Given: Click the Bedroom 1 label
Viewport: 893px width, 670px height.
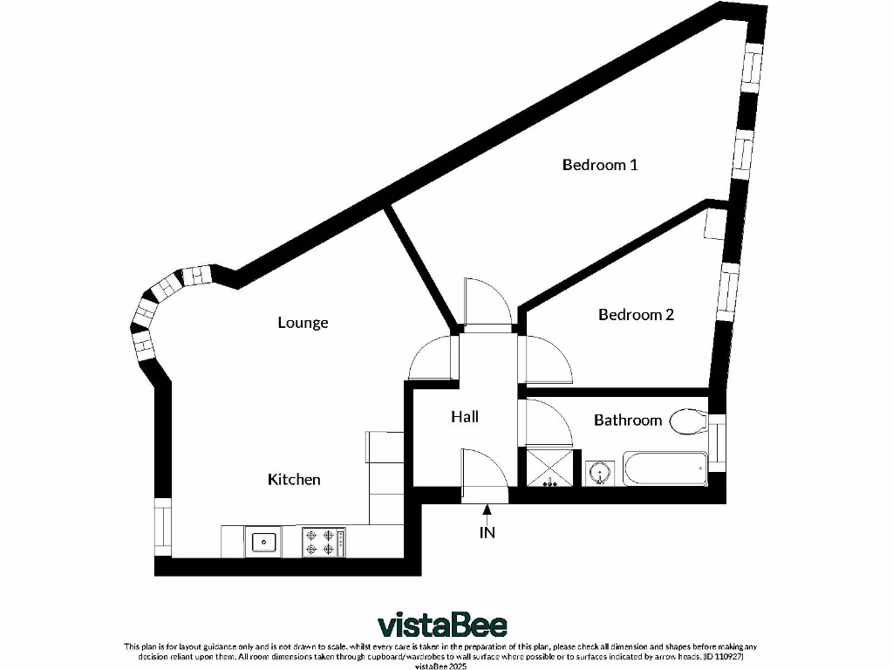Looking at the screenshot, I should (x=600, y=164).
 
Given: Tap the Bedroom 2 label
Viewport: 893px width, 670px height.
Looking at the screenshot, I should (x=636, y=315).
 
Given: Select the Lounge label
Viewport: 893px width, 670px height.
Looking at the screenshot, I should (x=303, y=323).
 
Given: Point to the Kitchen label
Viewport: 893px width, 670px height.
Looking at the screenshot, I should (x=294, y=479).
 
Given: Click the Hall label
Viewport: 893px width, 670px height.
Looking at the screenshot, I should (x=465, y=417).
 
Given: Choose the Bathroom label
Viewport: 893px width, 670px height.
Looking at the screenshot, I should (x=628, y=420).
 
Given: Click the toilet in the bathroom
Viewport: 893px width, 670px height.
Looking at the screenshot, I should (x=691, y=422).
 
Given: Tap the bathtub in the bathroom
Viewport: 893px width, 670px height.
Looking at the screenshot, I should (x=665, y=470).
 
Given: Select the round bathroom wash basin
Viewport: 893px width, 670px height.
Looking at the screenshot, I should (x=599, y=472).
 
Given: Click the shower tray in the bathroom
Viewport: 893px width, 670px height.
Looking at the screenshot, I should (x=549, y=468).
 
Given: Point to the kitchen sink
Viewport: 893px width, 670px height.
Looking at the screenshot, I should (x=263, y=543).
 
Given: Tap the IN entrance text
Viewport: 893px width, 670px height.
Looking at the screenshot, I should (x=487, y=532).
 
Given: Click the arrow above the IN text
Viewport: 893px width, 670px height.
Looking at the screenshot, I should (x=487, y=512).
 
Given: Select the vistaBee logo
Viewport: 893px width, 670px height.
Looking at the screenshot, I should (x=442, y=625).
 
